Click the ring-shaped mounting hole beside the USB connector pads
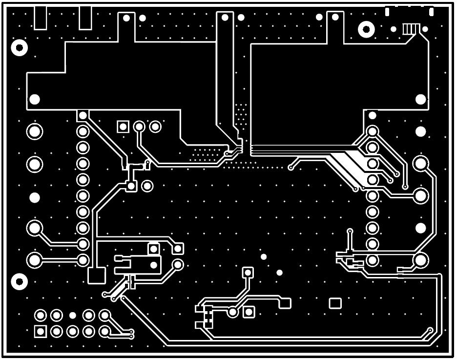(x=366, y=29)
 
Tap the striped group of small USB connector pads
(x=411, y=29)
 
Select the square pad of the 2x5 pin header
(x=41, y=331)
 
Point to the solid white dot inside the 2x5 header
(x=72, y=316)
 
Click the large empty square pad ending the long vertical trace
(x=97, y=275)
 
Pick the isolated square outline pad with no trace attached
(x=335, y=303)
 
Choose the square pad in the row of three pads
(x=123, y=127)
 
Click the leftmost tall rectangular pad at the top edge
(x=40, y=18)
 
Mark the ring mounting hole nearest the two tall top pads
(x=20, y=48)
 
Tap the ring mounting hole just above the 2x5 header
(x=20, y=281)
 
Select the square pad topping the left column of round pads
(x=83, y=116)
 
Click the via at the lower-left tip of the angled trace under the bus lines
(x=291, y=168)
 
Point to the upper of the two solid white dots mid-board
(x=264, y=257)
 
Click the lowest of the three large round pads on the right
(x=420, y=260)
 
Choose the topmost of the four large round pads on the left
(x=35, y=132)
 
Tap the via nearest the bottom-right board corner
(x=430, y=330)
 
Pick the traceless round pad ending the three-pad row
(x=155, y=127)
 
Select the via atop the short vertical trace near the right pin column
(x=350, y=231)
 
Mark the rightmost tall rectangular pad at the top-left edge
(x=85, y=18)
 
